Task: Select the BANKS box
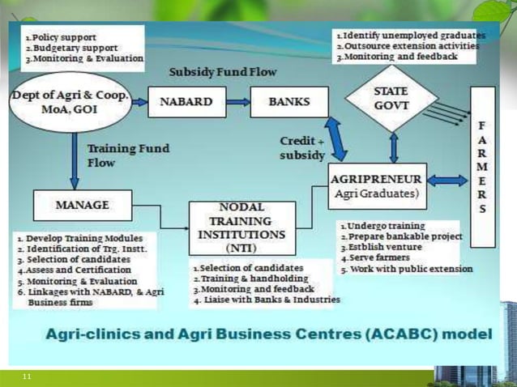click(289, 103)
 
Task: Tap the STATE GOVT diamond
click(391, 98)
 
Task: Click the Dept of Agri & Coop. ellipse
click(70, 103)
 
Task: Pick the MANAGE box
click(83, 206)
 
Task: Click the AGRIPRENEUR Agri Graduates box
click(375, 185)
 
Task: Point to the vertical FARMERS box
click(483, 166)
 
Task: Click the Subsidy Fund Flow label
click(222, 73)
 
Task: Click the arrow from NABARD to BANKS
click(237, 103)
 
